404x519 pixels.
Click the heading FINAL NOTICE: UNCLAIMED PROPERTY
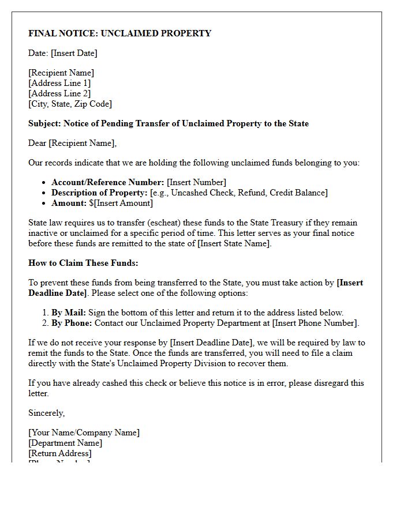(119, 33)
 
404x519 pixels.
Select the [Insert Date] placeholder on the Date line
(74, 53)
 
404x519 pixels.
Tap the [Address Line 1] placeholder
(59, 83)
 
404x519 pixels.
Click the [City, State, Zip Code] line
(70, 104)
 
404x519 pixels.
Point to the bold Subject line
(169, 123)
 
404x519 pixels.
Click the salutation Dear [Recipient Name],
(72, 143)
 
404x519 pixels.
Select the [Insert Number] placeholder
(196, 182)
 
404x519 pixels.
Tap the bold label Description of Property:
(99, 193)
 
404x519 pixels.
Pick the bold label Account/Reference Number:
(108, 182)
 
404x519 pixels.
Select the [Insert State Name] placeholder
(235, 243)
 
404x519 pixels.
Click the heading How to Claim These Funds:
(83, 263)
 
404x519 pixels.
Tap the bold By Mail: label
(69, 313)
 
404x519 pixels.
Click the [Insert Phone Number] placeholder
(315, 323)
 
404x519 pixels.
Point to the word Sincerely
(46, 413)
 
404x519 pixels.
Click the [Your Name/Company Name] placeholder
(84, 432)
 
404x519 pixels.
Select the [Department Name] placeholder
(65, 443)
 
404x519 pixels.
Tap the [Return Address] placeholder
(59, 453)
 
